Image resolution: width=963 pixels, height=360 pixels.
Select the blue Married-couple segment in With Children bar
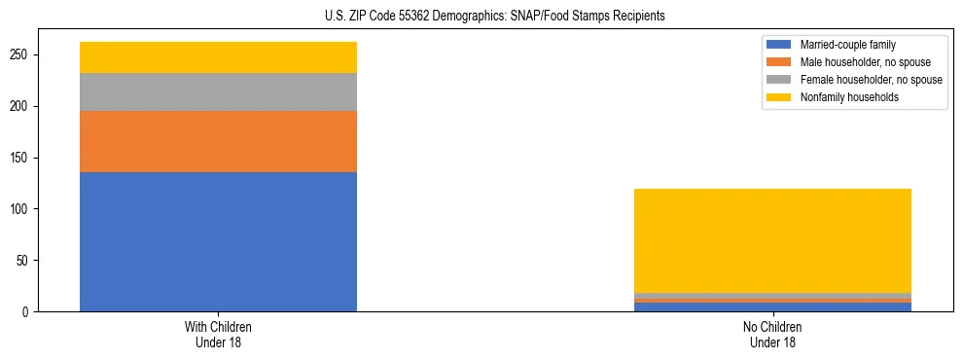[218, 241]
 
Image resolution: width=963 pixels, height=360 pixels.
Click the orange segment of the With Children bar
[218, 141]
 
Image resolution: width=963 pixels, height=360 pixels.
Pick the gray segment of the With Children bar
[218, 91]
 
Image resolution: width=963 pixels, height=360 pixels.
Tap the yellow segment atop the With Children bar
[218, 57]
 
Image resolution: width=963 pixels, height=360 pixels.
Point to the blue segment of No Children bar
[772, 307]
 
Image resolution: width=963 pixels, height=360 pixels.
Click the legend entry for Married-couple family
[846, 45]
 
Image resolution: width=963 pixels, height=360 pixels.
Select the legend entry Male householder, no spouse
[864, 62]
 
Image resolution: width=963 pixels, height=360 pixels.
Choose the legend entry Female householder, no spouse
[870, 80]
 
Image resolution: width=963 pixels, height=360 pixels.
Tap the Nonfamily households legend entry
[849, 97]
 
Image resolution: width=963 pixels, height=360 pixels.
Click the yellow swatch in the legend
[779, 97]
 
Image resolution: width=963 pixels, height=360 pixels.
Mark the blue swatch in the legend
[779, 45]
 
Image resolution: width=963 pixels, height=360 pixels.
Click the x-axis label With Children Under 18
[218, 334]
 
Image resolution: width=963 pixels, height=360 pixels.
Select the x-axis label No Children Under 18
[772, 334]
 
